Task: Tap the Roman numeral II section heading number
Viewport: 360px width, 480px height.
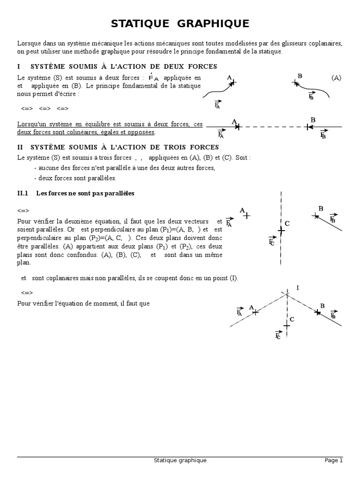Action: point(20,147)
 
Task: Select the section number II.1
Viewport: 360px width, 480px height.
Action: point(23,193)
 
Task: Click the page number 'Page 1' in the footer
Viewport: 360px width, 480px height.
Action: point(334,461)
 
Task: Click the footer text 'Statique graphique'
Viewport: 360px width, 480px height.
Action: point(180,461)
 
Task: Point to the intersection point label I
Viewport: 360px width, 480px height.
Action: point(298,288)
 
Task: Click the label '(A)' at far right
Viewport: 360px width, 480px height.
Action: point(336,78)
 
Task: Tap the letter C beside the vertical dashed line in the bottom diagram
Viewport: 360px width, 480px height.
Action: point(292,319)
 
